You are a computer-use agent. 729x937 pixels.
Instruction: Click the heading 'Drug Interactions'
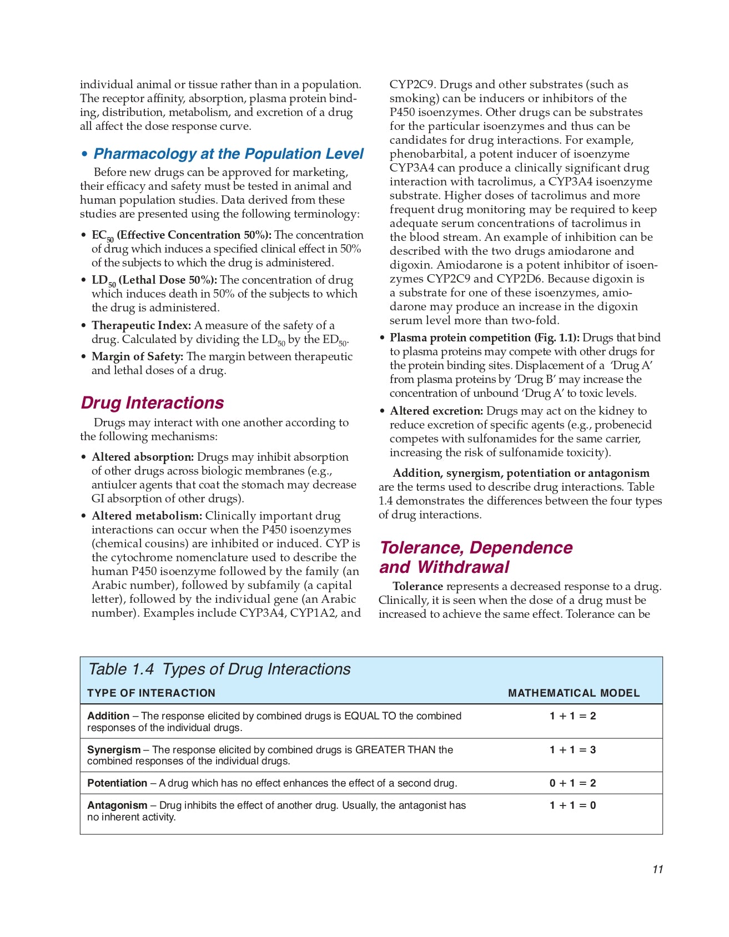click(152, 402)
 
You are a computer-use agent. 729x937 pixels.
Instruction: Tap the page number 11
click(657, 869)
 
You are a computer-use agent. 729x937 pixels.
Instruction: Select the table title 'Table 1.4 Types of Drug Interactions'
click(219, 669)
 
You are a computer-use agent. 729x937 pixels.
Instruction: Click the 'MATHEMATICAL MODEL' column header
click(574, 693)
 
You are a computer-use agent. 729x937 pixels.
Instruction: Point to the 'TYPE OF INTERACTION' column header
click(151, 693)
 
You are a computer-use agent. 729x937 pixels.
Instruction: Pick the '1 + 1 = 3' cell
click(572, 750)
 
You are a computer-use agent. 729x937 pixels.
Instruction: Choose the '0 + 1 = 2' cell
click(572, 783)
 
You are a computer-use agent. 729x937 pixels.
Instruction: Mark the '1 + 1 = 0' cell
click(572, 805)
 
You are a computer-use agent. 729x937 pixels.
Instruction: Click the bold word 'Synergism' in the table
click(114, 750)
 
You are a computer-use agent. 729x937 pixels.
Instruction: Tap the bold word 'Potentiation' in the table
click(117, 783)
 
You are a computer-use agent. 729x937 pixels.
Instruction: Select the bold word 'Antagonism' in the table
click(117, 805)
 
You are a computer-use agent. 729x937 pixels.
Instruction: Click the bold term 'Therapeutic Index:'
click(141, 325)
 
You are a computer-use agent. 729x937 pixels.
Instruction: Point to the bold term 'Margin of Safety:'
click(137, 356)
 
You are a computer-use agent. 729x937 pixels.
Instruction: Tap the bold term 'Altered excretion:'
click(436, 411)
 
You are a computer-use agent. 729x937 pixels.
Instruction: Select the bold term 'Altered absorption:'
click(143, 457)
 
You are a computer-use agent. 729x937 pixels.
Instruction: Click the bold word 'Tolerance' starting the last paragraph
click(418, 586)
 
